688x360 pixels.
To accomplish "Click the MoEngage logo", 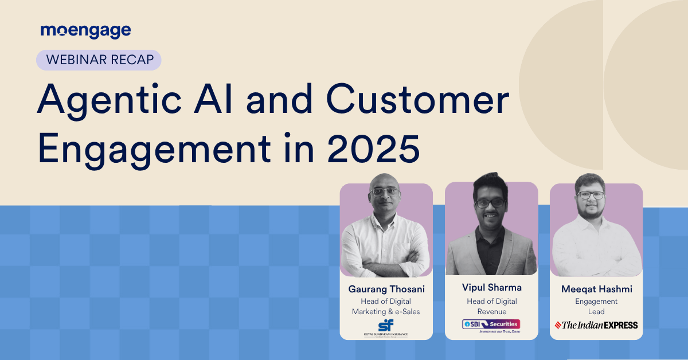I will point(85,30).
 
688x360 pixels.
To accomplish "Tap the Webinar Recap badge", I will point(99,60).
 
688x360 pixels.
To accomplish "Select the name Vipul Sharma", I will point(491,287).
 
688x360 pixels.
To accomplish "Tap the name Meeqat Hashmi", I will point(596,289).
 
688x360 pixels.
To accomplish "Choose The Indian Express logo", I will point(596,325).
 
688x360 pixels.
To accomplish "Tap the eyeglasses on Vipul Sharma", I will point(490,202).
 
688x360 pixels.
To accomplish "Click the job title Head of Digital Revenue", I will point(491,307).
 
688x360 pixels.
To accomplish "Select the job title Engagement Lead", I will point(596,307).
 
